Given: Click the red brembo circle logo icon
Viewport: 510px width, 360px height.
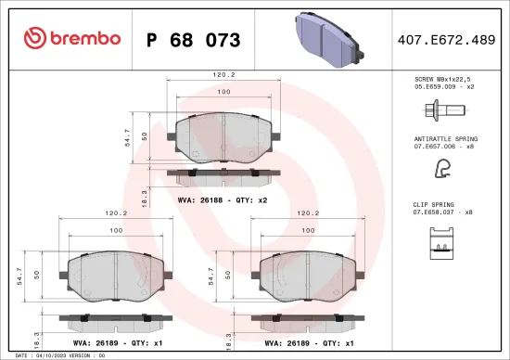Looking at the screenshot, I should [x=33, y=38].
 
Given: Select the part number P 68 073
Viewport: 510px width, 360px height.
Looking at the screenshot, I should [x=193, y=40].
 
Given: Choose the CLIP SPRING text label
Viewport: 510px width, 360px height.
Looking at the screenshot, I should [x=433, y=203].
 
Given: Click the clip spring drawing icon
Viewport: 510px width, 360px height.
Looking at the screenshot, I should [x=441, y=242].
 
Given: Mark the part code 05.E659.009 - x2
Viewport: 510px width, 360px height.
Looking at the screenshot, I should [x=443, y=87].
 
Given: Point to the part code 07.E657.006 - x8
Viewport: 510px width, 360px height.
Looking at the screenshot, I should [x=443, y=146].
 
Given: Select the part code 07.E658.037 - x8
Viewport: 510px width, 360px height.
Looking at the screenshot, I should [x=443, y=212].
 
